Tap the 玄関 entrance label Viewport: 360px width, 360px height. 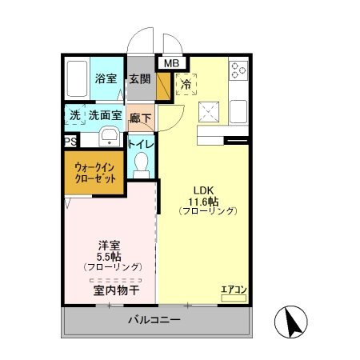tap(140, 79)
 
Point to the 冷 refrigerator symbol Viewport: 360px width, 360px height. tap(186, 83)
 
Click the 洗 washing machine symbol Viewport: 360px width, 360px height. tap(74, 115)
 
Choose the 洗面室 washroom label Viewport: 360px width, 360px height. tap(104, 115)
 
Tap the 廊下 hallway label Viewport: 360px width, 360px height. tap(141, 116)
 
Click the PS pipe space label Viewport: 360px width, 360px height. tap(70, 141)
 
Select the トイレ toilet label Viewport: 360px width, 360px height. tap(142, 145)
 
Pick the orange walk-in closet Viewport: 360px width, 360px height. tap(94, 174)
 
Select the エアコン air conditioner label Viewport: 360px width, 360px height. tap(234, 289)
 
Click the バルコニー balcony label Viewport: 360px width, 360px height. tap(154, 321)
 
